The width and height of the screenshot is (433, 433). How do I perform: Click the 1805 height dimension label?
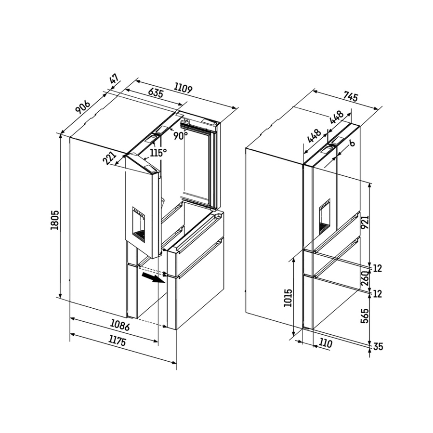click(x=55, y=220)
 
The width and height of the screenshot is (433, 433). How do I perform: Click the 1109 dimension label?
click(x=183, y=88)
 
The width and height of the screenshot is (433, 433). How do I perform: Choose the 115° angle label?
click(x=158, y=152)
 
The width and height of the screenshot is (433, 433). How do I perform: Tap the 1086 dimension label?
click(x=119, y=325)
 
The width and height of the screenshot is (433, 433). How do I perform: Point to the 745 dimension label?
click(x=351, y=96)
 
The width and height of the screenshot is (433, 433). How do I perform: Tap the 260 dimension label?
click(x=365, y=278)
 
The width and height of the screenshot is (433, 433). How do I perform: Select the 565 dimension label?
click(x=365, y=316)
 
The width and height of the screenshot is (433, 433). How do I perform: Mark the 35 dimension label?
click(x=378, y=346)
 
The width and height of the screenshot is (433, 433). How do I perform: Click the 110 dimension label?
click(x=325, y=343)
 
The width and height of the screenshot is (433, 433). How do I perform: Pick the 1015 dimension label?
click(x=288, y=298)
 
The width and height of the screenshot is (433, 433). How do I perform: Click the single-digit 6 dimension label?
click(x=351, y=143)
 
